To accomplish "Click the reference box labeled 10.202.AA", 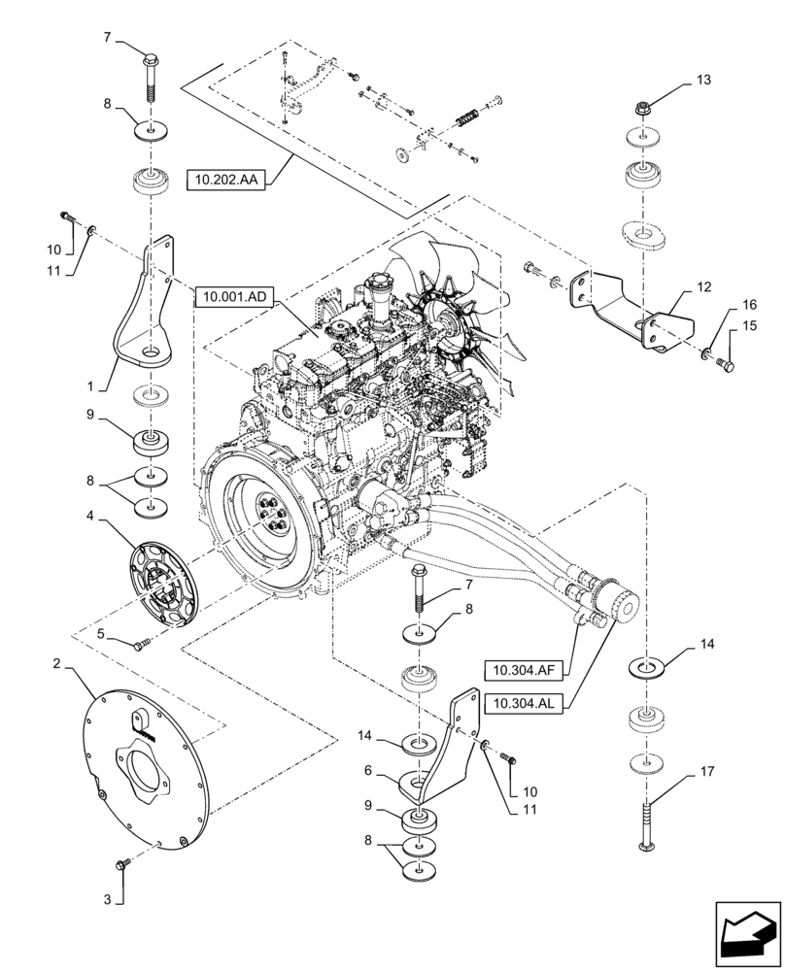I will tap(229, 180).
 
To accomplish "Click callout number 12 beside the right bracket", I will tap(703, 287).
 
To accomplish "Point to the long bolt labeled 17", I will tap(644, 825).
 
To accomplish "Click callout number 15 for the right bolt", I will tap(749, 328).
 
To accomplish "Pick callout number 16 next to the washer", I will tap(749, 304).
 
